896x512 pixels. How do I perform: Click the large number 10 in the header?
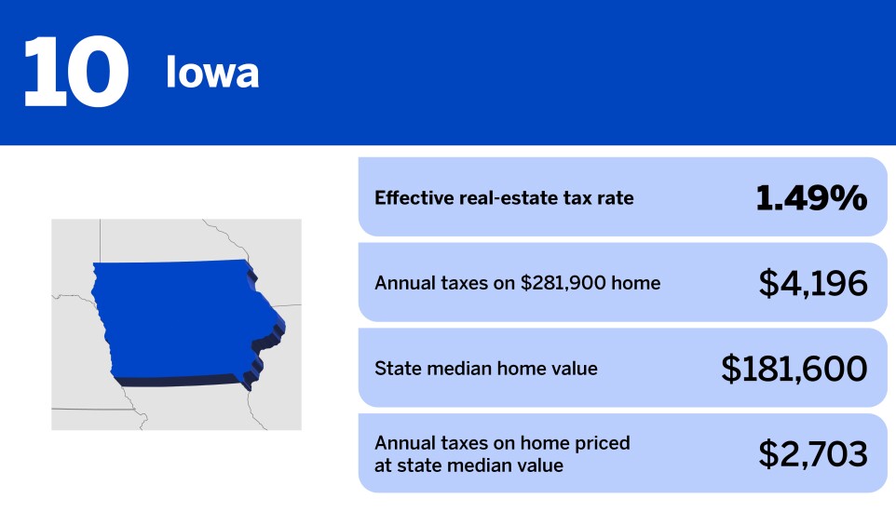click(x=75, y=72)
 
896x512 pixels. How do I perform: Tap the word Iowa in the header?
click(x=212, y=73)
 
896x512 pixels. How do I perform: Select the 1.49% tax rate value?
click(x=810, y=197)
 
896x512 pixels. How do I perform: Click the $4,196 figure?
click(x=812, y=283)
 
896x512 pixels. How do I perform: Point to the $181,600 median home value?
click(x=794, y=369)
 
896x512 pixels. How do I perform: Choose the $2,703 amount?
click(x=812, y=453)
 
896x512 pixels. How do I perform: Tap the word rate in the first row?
click(x=614, y=197)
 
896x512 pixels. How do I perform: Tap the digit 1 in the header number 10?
click(x=41, y=72)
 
